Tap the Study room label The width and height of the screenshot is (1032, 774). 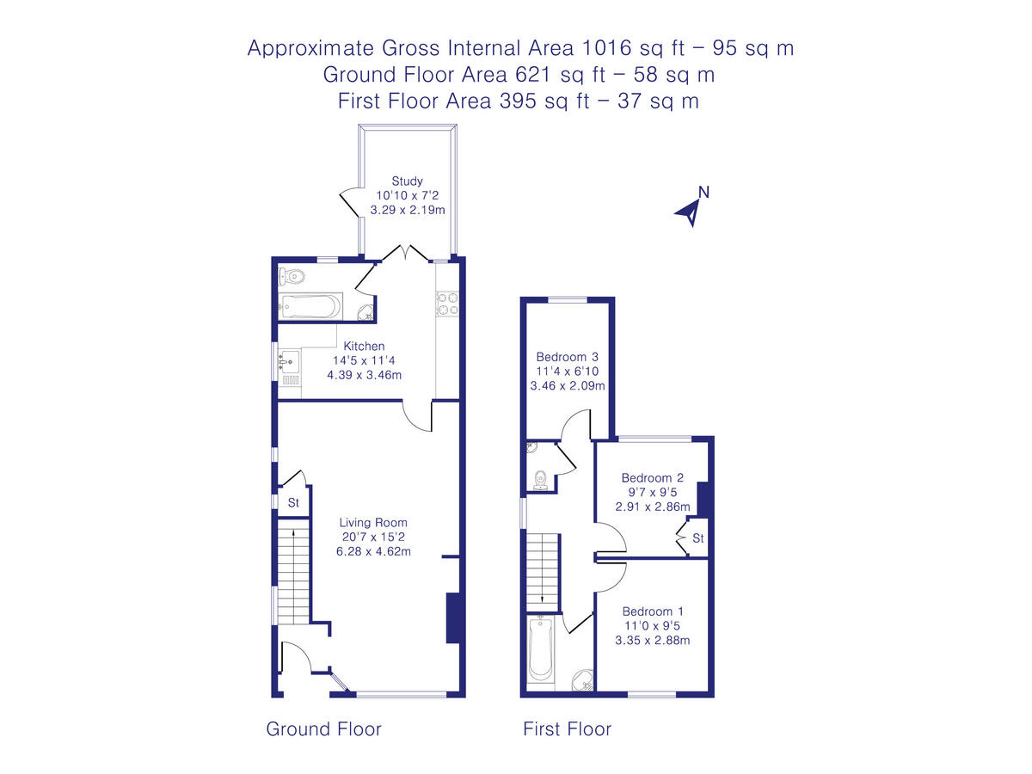pyautogui.click(x=407, y=181)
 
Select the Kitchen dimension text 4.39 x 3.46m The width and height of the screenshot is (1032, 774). pyautogui.click(x=365, y=375)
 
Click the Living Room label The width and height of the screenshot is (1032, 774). pyautogui.click(x=373, y=523)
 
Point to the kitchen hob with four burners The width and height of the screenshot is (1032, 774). pyautogui.click(x=447, y=304)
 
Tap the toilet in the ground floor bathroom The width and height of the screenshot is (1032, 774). pyautogui.click(x=292, y=276)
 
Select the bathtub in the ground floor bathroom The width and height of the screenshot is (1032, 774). pyautogui.click(x=310, y=306)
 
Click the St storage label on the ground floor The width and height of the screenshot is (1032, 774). pyautogui.click(x=293, y=503)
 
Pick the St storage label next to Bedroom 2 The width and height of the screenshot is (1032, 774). pyautogui.click(x=698, y=538)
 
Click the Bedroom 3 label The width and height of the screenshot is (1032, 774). pyautogui.click(x=568, y=357)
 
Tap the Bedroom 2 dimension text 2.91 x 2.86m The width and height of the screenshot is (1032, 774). pyautogui.click(x=653, y=507)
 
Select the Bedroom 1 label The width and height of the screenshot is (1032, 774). pyautogui.click(x=653, y=611)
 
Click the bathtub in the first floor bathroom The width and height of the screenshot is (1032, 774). pyautogui.click(x=541, y=649)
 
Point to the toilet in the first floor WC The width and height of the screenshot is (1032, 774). pyautogui.click(x=541, y=480)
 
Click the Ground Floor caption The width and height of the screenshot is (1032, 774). pyautogui.click(x=323, y=729)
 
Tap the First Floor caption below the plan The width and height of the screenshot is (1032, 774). pyautogui.click(x=567, y=729)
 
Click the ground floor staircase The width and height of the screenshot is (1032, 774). pyautogui.click(x=293, y=571)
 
